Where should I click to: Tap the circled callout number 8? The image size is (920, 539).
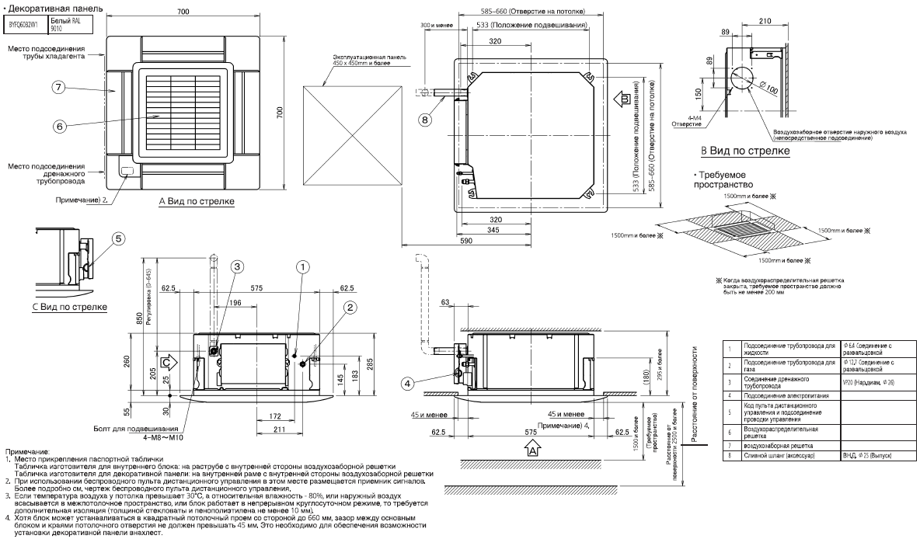[x=424, y=119]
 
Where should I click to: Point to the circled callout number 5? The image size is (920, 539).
[x=117, y=239]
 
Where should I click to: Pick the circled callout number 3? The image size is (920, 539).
[x=237, y=266]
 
